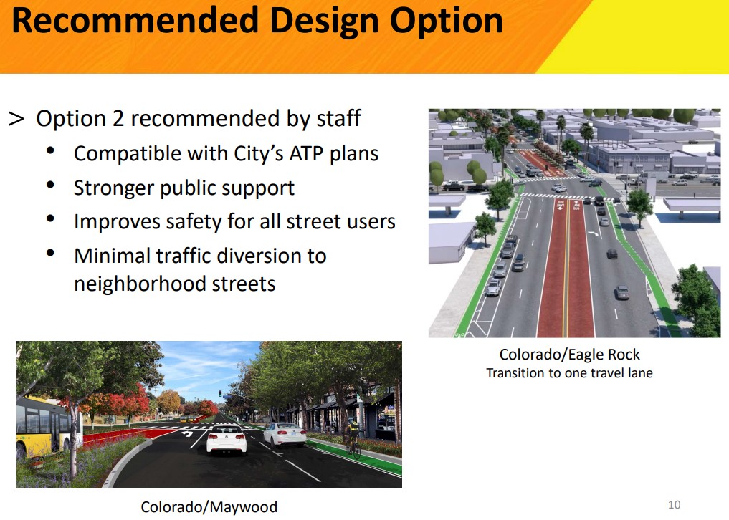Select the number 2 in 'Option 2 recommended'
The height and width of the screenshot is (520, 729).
118,119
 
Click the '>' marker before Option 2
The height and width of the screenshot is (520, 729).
16,119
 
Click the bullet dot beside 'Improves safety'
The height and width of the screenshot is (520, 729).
50,218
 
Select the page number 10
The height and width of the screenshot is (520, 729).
674,504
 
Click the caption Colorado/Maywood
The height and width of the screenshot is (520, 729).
209,507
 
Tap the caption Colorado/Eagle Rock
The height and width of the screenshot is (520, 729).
569,355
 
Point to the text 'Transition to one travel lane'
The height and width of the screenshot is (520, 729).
569,373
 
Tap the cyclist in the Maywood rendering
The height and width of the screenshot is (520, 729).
352,436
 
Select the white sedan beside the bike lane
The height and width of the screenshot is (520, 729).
284,434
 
